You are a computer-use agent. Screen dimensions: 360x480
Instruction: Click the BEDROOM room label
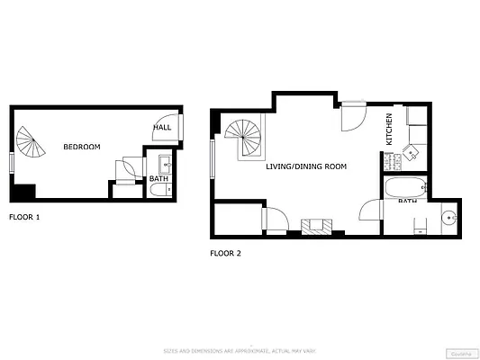81,147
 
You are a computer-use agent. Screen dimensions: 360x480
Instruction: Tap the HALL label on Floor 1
162,128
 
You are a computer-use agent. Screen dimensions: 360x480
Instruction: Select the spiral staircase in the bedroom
29,141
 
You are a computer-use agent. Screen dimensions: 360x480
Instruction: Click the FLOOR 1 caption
24,217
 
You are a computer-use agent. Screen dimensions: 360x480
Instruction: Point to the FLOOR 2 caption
225,254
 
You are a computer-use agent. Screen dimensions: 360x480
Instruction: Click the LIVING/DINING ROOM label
306,166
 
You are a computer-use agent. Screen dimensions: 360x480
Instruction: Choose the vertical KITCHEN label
389,129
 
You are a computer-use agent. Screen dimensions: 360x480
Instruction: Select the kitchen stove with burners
392,161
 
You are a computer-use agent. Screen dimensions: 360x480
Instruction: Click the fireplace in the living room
317,225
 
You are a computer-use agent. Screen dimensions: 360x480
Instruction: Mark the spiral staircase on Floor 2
244,138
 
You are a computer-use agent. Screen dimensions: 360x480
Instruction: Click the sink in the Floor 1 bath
166,165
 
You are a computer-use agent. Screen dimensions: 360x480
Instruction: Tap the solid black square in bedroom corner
23,193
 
